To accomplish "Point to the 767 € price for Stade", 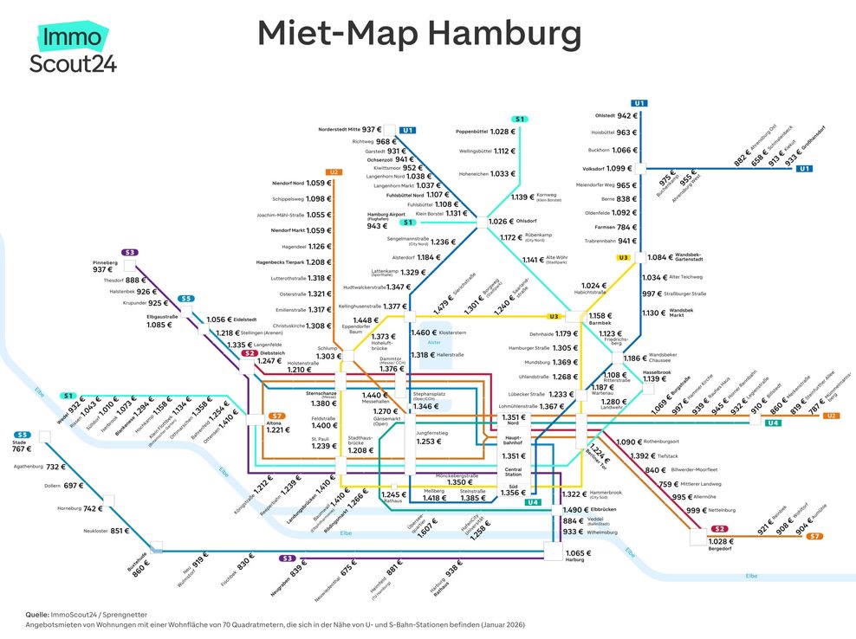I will (x=22, y=449).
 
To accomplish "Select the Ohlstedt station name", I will (x=610, y=115).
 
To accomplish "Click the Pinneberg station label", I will (x=105, y=262).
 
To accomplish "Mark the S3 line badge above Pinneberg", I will (x=130, y=252).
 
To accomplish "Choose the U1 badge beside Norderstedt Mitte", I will (x=407, y=130).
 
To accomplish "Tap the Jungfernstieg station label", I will (x=431, y=433).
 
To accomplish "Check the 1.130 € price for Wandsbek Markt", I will (x=652, y=313).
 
